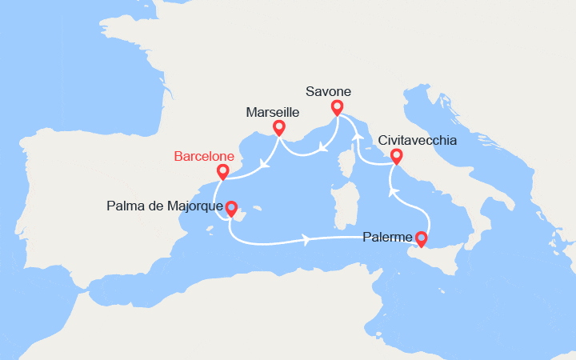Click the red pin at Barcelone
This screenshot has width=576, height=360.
pyautogui.click(x=223, y=171)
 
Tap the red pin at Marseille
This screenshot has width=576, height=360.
pyautogui.click(x=279, y=127)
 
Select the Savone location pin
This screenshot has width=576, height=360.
pyautogui.click(x=337, y=106)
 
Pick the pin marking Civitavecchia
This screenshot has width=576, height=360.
pyautogui.click(x=396, y=156)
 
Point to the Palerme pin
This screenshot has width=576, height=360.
pyautogui.click(x=421, y=238)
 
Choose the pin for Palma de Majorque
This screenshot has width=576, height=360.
pyautogui.click(x=231, y=207)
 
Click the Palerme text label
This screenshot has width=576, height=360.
pyautogui.click(x=387, y=238)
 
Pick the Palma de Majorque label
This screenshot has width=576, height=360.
pyautogui.click(x=163, y=207)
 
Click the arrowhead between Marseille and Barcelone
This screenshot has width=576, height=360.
pyautogui.click(x=264, y=166)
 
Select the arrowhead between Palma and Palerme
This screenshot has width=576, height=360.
pyautogui.click(x=306, y=238)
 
